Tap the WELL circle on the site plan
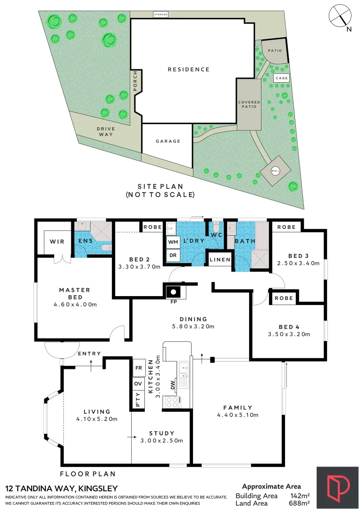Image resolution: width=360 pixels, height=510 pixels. point(275,171)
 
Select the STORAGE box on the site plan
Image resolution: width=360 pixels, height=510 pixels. point(161,15)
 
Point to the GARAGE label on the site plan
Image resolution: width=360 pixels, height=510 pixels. point(168,141)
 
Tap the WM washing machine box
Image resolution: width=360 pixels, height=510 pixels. point(172,242)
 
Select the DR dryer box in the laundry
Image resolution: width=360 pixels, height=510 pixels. point(172,255)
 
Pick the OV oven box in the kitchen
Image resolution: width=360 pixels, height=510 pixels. point(138,384)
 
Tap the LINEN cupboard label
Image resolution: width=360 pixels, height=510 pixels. point(220,260)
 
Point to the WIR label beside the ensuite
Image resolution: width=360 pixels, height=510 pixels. point(53,242)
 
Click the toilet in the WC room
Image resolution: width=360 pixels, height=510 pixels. point(217,226)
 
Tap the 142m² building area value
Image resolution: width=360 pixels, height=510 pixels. point(300,496)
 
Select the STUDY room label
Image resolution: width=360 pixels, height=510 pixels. point(162,433)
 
